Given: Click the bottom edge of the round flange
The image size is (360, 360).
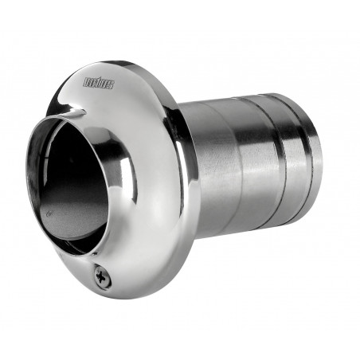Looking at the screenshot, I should [127, 297].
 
